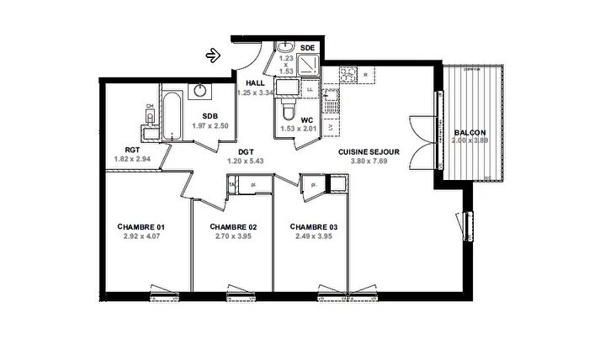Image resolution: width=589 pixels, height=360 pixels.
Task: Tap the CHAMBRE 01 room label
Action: [x=141, y=227]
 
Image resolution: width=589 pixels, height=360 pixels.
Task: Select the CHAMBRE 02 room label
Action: [x=232, y=227]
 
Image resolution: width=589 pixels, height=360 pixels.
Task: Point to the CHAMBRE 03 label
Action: [x=313, y=227]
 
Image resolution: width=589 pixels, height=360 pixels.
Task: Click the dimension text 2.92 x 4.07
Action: [x=141, y=237]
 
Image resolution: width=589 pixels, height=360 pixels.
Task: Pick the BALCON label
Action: [x=469, y=133]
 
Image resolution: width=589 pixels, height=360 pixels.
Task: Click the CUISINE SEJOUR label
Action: [x=369, y=152]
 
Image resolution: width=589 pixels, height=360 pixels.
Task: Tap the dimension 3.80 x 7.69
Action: [x=369, y=161]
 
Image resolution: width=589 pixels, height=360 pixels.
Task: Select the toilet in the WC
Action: [x=288, y=109]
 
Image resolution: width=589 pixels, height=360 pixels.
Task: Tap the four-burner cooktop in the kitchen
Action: [x=347, y=76]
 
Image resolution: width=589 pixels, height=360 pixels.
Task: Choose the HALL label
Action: [x=255, y=82]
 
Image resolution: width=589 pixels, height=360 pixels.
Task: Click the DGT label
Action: [x=246, y=152]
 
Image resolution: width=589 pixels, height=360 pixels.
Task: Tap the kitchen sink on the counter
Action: [x=334, y=106]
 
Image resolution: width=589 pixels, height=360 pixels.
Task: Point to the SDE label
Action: [x=307, y=48]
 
